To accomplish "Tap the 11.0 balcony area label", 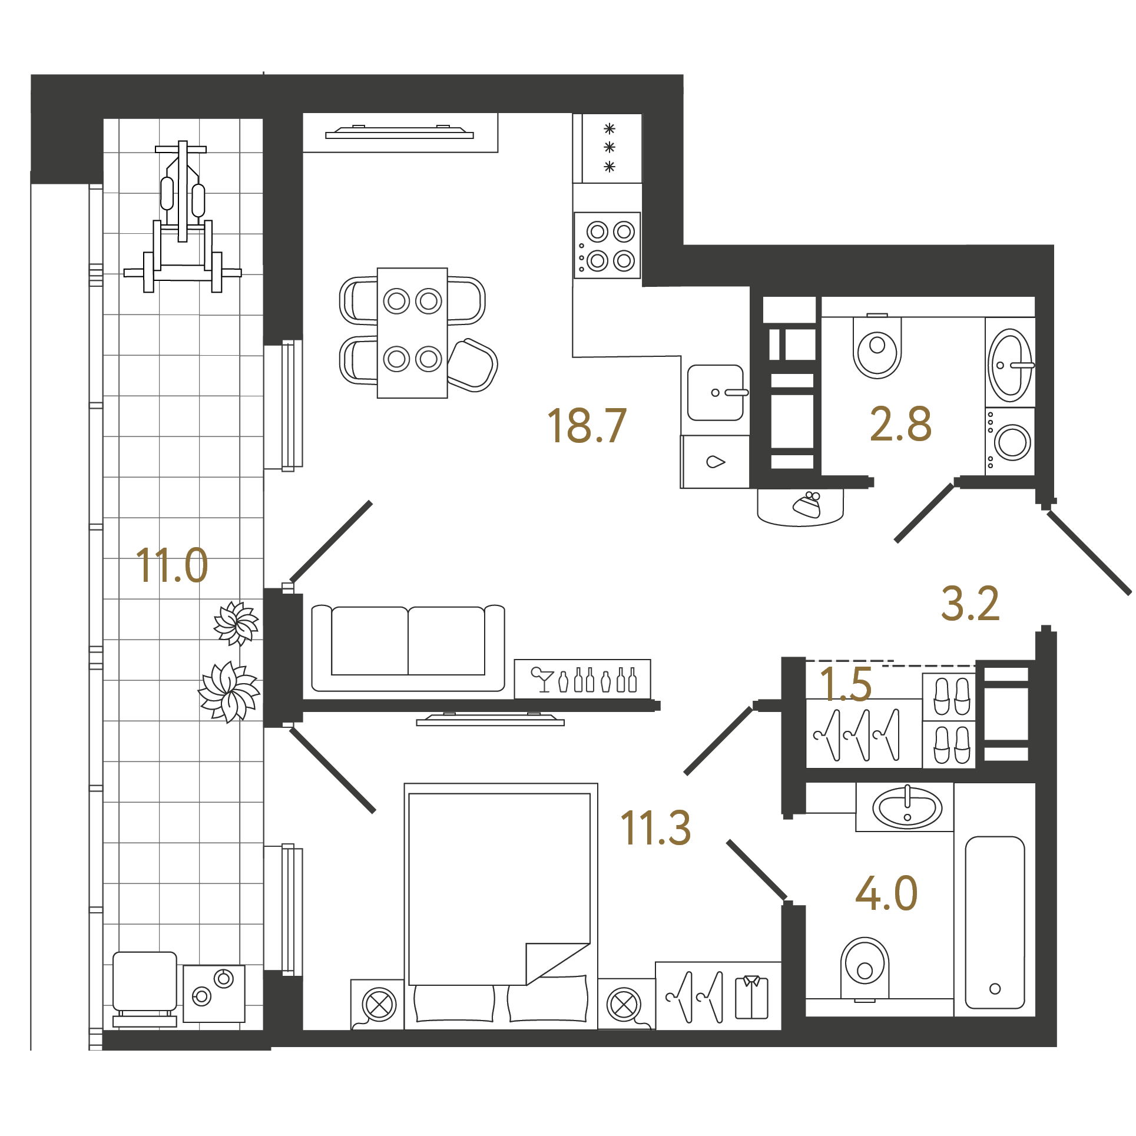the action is point(171,565).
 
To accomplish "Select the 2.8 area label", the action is point(900,423).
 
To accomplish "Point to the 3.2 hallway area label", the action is point(970,604).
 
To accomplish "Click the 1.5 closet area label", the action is point(845,684).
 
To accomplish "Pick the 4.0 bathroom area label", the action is point(886,893).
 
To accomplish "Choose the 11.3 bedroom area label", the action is point(655,827).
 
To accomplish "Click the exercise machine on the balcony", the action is point(183,216).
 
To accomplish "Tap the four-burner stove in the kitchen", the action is point(607,245).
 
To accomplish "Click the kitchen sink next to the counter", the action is point(716,392).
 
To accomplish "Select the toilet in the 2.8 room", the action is point(877,346).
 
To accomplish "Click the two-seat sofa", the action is point(408,648).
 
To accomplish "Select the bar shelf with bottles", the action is point(582,679).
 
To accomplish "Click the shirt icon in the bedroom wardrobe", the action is point(751,997).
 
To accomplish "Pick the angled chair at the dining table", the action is point(472,365).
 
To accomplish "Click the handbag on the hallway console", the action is point(807,505).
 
